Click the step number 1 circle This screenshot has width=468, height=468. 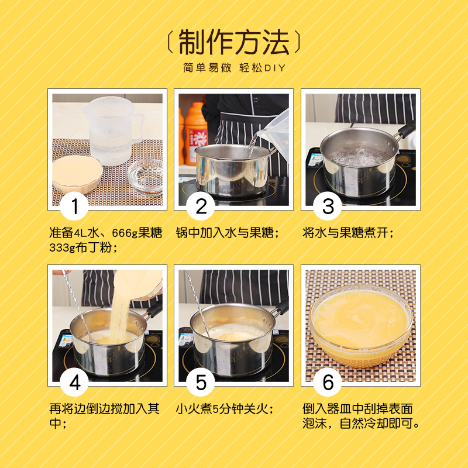[74, 206]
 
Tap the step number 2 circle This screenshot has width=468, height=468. [201, 206]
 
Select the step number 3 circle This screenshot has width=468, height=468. [328, 206]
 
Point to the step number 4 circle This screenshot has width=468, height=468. [74, 382]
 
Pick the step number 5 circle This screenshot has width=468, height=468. [201, 382]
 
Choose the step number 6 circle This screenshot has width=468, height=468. [328, 382]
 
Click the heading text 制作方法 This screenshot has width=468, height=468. [233, 42]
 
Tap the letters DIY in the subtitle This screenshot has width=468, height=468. [275, 68]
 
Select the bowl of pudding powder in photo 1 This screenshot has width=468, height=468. [77, 173]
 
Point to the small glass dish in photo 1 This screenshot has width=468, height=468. [145, 177]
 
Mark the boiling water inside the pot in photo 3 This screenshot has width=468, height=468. [357, 156]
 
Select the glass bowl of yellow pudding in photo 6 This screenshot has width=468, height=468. [361, 325]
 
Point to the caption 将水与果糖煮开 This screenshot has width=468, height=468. [345, 233]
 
